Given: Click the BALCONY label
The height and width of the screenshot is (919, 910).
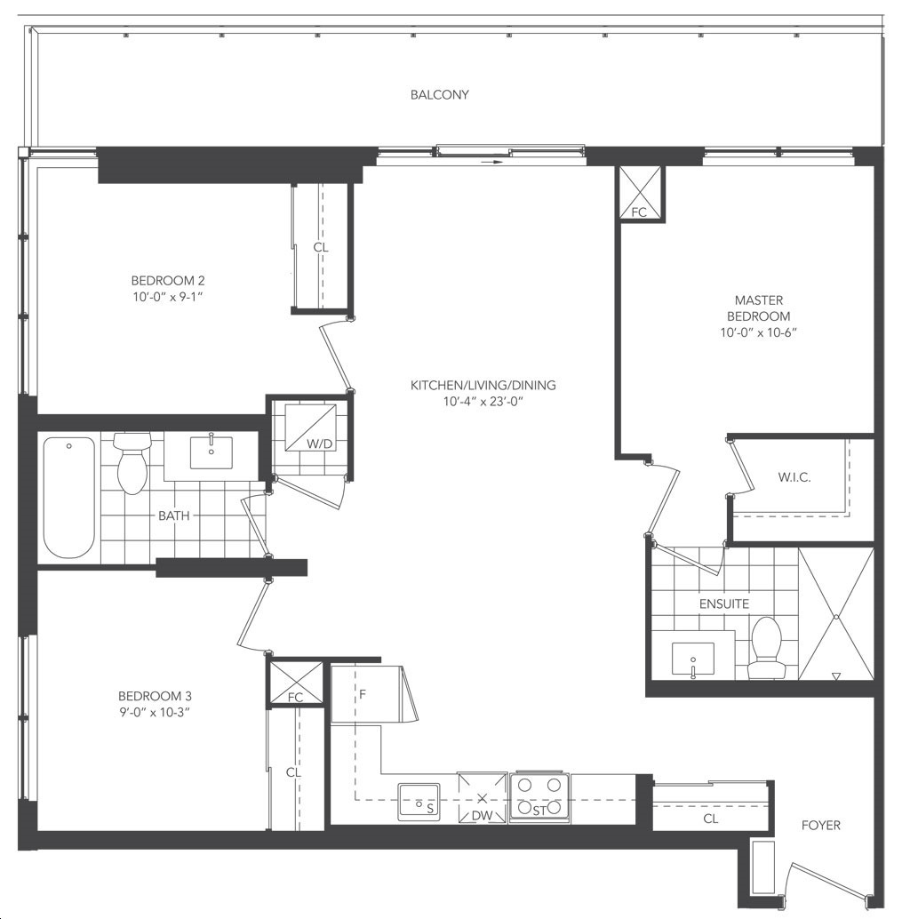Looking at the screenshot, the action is (x=440, y=95).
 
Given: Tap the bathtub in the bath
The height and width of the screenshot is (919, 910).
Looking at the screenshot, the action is (x=69, y=498).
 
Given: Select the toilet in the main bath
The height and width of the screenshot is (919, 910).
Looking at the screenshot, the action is (x=132, y=463).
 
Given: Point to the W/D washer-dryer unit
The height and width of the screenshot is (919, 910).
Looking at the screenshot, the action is (x=310, y=428).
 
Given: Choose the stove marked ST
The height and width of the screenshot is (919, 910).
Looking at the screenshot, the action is (x=539, y=797).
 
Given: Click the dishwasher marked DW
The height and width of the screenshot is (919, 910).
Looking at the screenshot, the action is (x=483, y=797).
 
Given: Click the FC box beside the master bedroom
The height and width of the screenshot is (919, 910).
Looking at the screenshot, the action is (x=639, y=193).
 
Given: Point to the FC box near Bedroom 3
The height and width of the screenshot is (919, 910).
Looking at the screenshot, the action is (x=295, y=683).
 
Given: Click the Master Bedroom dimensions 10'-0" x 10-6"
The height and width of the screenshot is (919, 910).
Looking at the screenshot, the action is (x=759, y=333).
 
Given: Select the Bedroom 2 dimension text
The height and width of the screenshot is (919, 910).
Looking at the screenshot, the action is (x=168, y=297).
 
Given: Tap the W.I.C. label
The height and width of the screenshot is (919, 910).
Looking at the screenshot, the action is (x=794, y=477).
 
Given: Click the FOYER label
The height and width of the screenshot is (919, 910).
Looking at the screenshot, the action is (x=821, y=825).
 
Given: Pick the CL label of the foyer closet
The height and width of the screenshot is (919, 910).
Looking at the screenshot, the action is (x=711, y=819).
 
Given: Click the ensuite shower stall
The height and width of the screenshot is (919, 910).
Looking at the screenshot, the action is (x=836, y=614).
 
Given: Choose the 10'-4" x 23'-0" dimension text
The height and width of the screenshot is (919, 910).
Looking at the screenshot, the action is (x=483, y=402).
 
